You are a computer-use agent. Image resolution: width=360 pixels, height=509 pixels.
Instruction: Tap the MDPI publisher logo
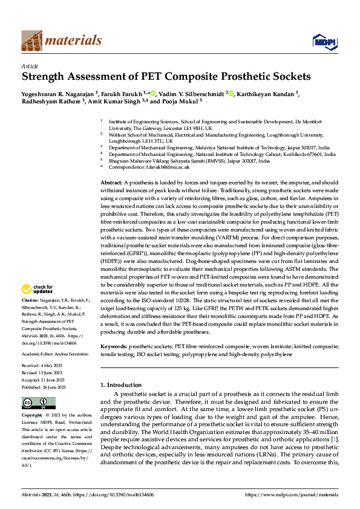coord(322,41)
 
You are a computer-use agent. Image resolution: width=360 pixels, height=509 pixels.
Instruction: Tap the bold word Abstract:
coord(111,182)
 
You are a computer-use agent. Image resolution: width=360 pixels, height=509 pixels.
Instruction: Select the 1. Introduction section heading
coord(120,385)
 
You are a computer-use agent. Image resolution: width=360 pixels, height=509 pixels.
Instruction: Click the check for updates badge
coord(39,289)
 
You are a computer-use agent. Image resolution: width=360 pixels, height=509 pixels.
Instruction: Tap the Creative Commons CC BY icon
coord(39,403)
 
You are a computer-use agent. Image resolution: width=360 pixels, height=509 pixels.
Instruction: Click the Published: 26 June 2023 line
coord(44,387)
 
